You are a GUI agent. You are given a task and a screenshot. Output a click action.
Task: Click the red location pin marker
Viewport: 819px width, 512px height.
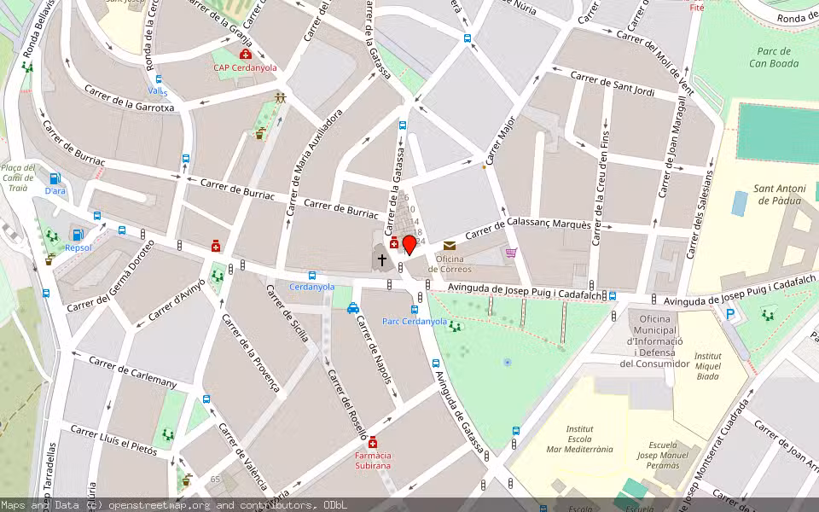409,246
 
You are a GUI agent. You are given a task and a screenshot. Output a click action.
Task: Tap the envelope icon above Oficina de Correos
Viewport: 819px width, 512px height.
450,246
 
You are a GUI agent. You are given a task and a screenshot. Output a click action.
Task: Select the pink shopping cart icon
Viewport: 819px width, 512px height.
511,252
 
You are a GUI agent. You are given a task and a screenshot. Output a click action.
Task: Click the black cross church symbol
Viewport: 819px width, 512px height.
381,259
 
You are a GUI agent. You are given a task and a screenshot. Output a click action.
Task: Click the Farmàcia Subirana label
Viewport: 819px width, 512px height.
373,461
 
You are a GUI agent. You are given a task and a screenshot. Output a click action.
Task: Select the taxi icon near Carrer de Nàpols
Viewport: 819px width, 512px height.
353,308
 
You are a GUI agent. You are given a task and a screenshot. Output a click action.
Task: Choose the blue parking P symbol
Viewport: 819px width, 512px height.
729,314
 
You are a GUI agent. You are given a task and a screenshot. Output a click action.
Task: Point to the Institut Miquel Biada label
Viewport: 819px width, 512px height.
707,365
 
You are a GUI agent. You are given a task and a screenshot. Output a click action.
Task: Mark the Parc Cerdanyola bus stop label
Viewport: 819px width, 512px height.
415,322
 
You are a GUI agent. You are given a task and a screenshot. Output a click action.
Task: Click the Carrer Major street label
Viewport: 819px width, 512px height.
501,140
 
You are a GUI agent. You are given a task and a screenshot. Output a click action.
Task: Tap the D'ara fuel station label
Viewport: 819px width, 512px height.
55,191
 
